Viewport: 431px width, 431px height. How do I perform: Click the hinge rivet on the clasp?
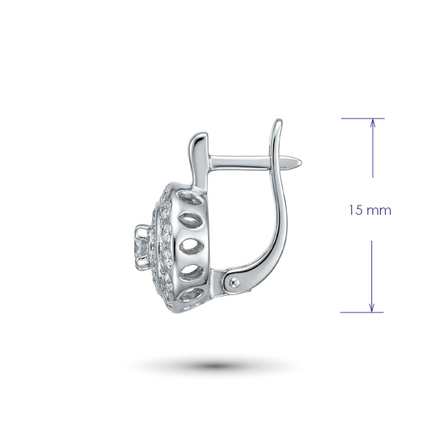234,282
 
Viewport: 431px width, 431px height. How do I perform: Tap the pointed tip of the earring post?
301,162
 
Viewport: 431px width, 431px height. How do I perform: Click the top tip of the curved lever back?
279,120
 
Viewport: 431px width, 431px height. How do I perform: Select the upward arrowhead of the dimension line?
373,123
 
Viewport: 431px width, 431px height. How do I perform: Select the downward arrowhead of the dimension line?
371,307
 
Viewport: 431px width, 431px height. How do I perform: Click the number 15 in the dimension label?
356,210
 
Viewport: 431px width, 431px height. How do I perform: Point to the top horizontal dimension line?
363,119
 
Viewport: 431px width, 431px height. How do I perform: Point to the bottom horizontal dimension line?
361,312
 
